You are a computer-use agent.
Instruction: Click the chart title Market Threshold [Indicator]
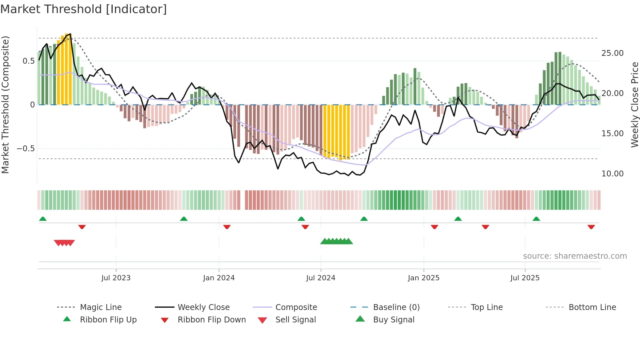[x=84, y=9]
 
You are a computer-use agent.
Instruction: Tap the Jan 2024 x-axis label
[x=219, y=278]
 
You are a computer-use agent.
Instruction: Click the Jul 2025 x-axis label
[x=525, y=278]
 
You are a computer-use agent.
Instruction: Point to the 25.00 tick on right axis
[x=612, y=53]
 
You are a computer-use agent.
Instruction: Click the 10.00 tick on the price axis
[x=612, y=174]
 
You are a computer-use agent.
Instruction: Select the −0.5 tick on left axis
[x=25, y=149]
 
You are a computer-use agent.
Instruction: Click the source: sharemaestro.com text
[x=575, y=256]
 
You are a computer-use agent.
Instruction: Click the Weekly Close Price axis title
[x=634, y=105]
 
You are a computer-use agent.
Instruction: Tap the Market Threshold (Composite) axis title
[x=5, y=105]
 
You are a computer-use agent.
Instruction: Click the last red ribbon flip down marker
[x=591, y=227]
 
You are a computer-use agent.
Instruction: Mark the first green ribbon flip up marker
[x=43, y=219]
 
